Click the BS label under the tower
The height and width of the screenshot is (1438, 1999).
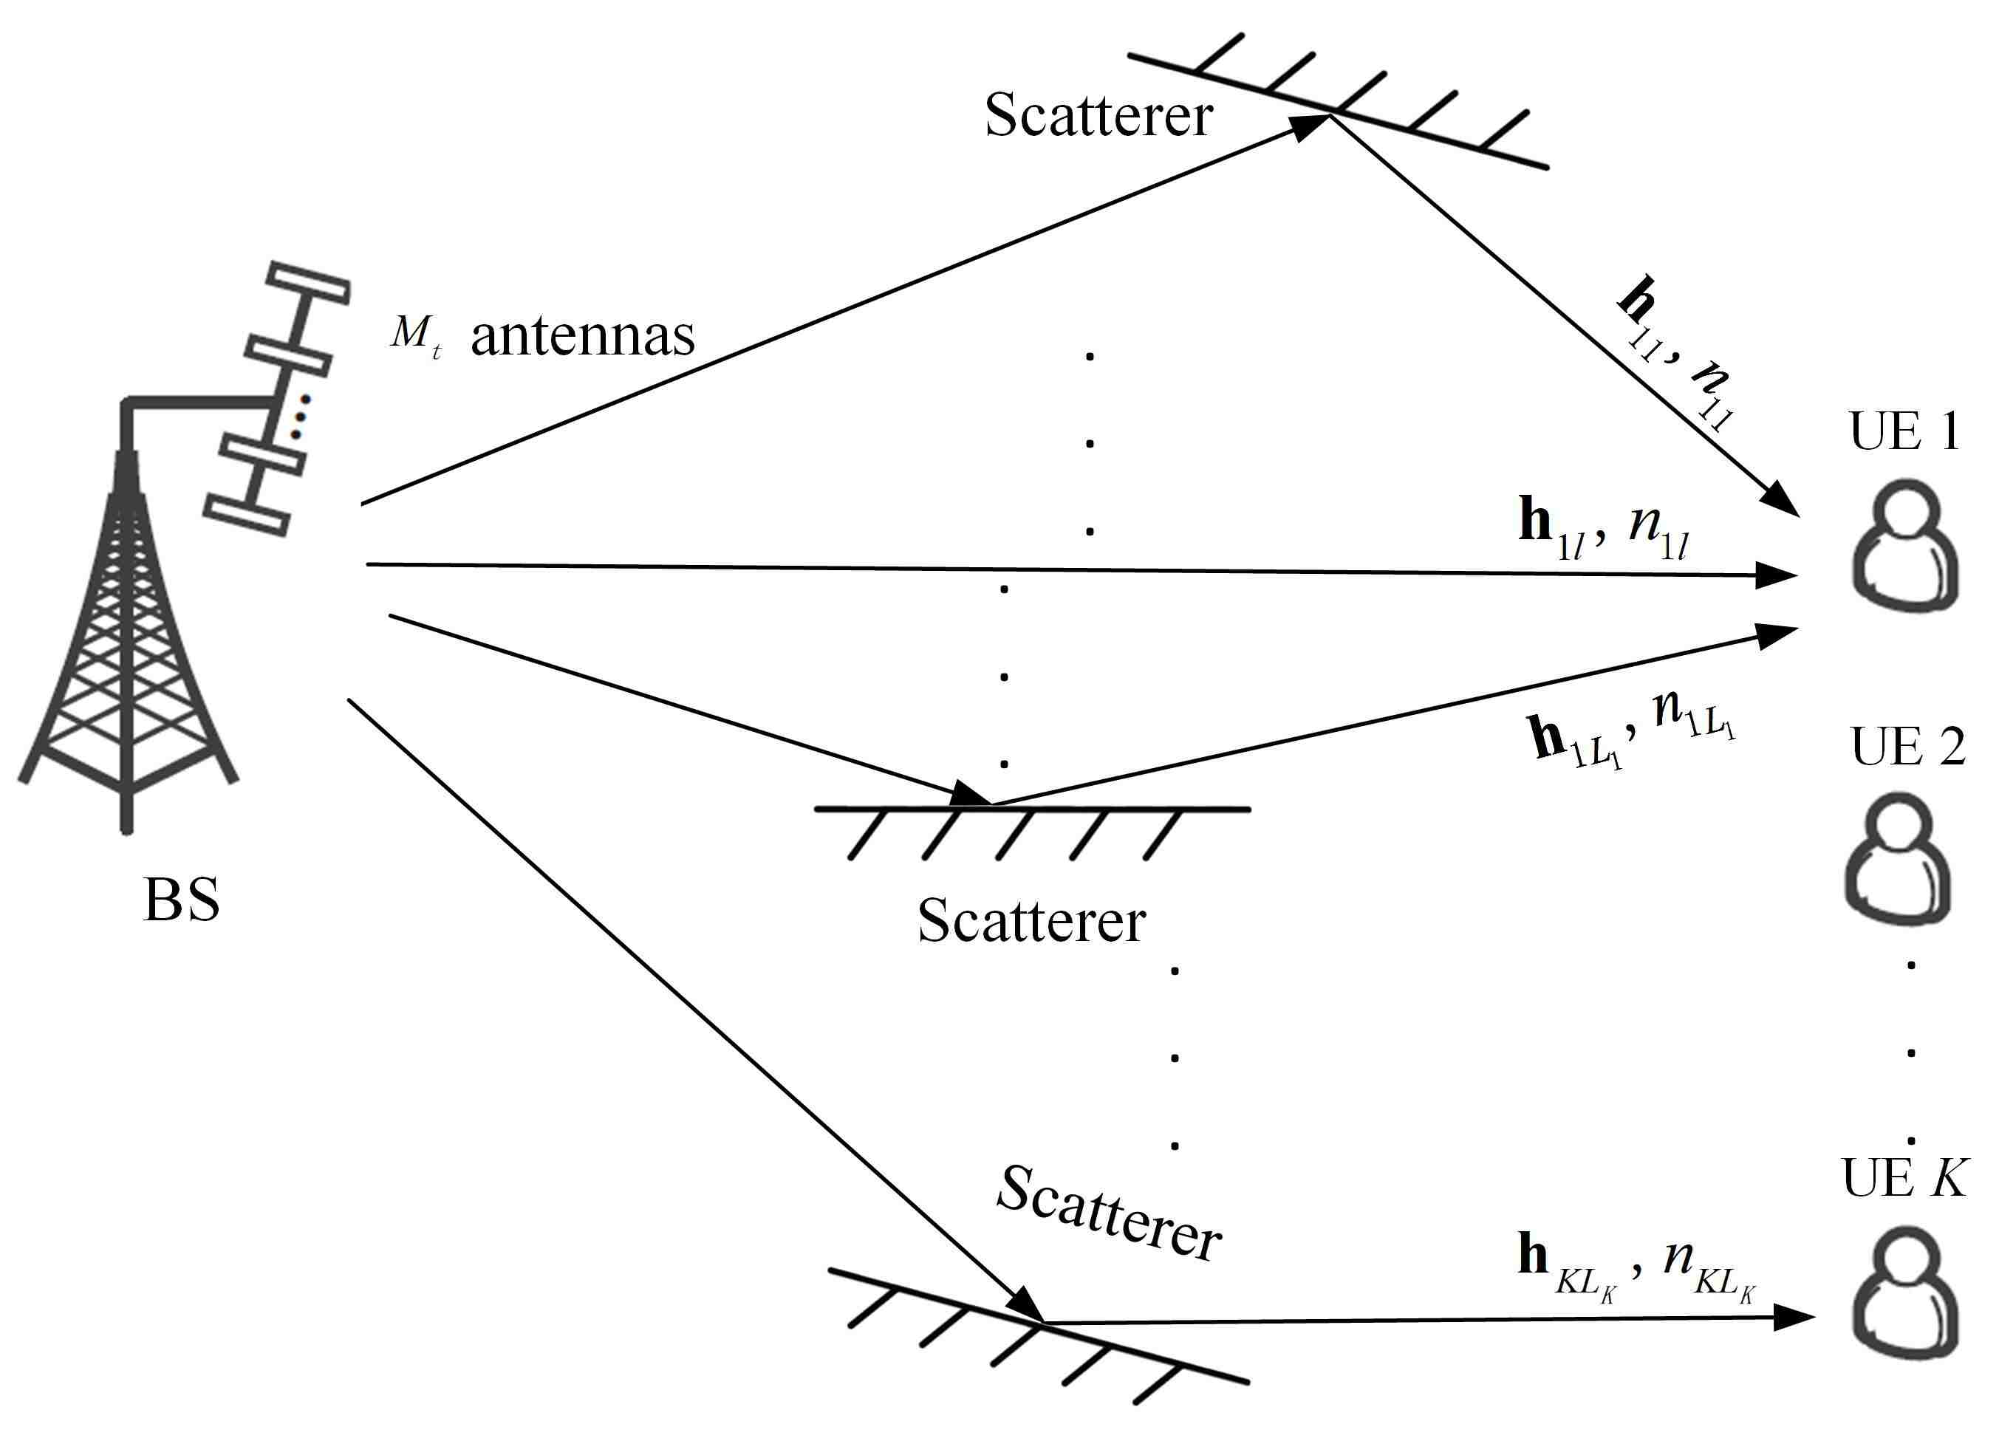click(x=182, y=900)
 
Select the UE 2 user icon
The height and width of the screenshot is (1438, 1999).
click(x=1898, y=859)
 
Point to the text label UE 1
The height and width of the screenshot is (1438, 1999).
click(x=1904, y=432)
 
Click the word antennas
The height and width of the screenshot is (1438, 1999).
click(x=583, y=337)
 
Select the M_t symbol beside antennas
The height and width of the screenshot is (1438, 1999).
click(x=415, y=334)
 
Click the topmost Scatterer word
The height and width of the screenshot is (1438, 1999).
click(x=1098, y=115)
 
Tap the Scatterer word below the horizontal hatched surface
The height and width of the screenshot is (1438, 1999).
click(x=1031, y=922)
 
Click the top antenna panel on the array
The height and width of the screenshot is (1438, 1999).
click(x=309, y=283)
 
